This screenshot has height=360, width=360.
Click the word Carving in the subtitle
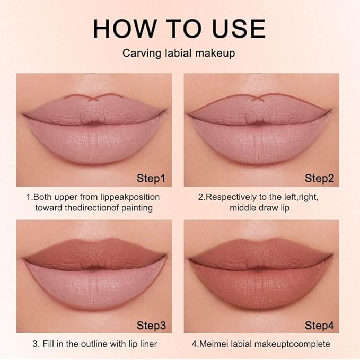[x=139, y=54]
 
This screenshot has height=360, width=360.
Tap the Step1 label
[x=151, y=178]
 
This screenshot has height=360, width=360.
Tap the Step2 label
[x=319, y=178]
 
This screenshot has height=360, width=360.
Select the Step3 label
[x=151, y=324]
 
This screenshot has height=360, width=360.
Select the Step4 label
[x=319, y=324]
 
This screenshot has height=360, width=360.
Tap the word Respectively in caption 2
[x=231, y=197]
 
